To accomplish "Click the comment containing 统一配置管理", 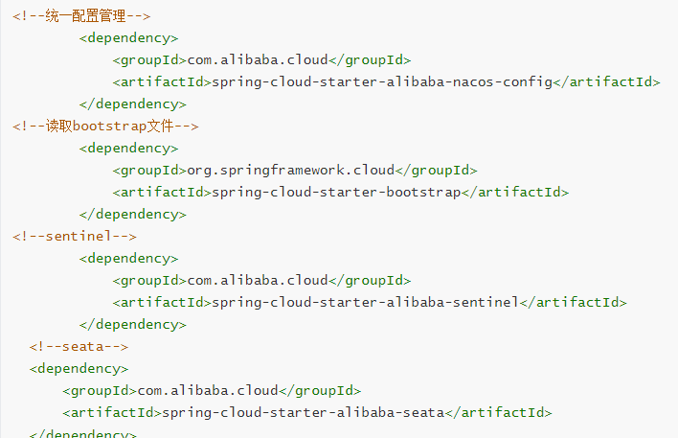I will click(80, 16).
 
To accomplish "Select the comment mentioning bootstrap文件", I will click(105, 126).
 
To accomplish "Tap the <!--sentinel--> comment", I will click(75, 236).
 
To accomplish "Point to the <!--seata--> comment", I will click(79, 346).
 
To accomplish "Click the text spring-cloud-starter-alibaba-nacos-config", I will click(382, 81).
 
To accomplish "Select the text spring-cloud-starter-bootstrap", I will click(336, 192).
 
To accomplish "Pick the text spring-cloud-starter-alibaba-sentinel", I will click(365, 302).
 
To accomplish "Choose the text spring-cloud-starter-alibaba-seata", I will click(303, 412).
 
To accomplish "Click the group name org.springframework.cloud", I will click(290, 170).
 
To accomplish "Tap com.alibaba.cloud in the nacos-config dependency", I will click(257, 59).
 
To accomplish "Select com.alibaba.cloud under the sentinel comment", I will click(257, 280).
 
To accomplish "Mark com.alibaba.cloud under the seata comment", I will click(208, 390).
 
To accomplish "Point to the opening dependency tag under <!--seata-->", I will click(79, 368).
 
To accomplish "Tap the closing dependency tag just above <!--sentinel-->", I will click(133, 214).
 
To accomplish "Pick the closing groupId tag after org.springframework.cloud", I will click(436, 170).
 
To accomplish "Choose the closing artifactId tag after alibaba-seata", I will click(499, 412).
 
